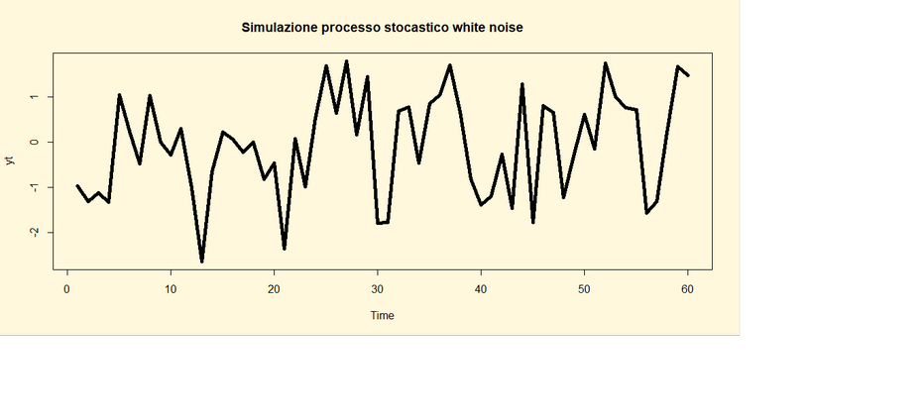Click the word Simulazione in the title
[279, 28]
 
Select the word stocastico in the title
[414, 28]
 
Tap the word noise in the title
[504, 28]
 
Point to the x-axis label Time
[382, 316]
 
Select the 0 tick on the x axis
[67, 288]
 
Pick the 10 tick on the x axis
[171, 288]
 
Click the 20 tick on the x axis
[274, 288]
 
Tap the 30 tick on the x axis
[377, 288]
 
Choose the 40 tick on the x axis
[481, 288]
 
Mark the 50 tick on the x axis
[584, 288]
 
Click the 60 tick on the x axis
[687, 288]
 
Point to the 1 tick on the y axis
[35, 97]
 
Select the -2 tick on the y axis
[35, 232]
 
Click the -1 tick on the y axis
[35, 187]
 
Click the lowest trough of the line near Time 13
[201, 262]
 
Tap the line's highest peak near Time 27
[346, 61]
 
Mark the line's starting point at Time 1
[77, 185]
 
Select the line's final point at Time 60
[687, 75]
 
